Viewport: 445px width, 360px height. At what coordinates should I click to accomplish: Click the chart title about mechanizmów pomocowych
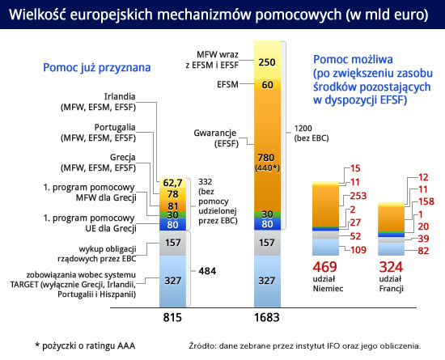coord(218,15)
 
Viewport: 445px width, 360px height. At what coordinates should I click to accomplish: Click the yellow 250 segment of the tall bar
coord(267,61)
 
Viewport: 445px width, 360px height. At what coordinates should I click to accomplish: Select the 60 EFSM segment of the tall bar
coord(267,84)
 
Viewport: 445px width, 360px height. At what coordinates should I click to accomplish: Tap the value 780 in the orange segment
coord(266,158)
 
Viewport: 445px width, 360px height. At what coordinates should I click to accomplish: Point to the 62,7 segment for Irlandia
coord(172,183)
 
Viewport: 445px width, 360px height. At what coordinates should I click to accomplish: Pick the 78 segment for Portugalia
coord(172,194)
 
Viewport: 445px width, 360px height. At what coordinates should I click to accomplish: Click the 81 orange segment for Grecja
coord(172,206)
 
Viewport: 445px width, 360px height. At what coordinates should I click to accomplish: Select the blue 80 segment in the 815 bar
coord(172,224)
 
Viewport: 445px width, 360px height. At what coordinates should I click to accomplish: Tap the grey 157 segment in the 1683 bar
coord(267,243)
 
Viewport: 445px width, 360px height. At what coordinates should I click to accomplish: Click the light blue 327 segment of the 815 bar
coord(172,282)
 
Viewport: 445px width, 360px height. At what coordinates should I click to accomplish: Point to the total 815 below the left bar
coord(172,317)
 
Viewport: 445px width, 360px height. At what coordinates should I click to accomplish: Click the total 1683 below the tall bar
coord(267,317)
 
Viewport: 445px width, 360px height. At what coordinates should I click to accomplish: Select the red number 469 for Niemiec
coord(325,267)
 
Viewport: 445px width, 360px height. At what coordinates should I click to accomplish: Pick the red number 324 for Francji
coord(391,267)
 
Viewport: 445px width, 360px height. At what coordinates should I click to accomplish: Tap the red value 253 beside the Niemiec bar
coord(358,196)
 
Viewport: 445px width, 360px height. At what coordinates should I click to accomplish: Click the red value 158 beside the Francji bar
coord(426,201)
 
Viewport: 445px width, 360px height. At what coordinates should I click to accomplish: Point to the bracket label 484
coord(207,271)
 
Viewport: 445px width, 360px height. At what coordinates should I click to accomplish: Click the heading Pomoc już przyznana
coord(97,68)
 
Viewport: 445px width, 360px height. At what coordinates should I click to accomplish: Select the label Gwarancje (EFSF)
coord(215,138)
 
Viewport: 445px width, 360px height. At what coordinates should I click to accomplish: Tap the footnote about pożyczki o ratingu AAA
coord(85,346)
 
